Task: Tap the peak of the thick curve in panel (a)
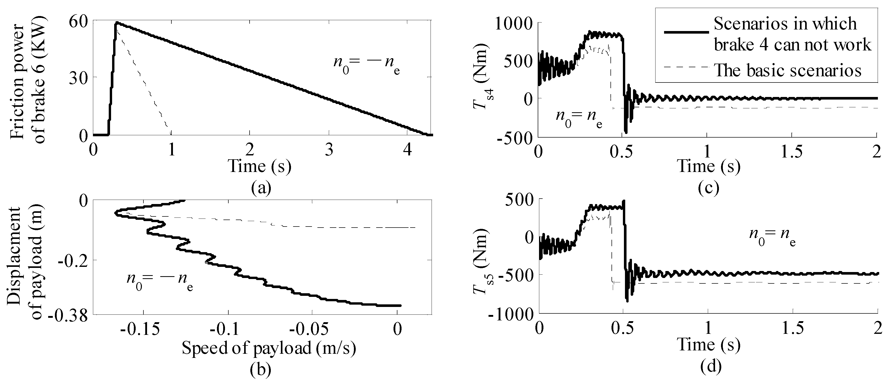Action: click(117, 23)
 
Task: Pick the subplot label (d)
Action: click(709, 367)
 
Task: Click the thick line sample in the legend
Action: click(686, 32)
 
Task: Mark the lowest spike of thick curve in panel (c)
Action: click(626, 133)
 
